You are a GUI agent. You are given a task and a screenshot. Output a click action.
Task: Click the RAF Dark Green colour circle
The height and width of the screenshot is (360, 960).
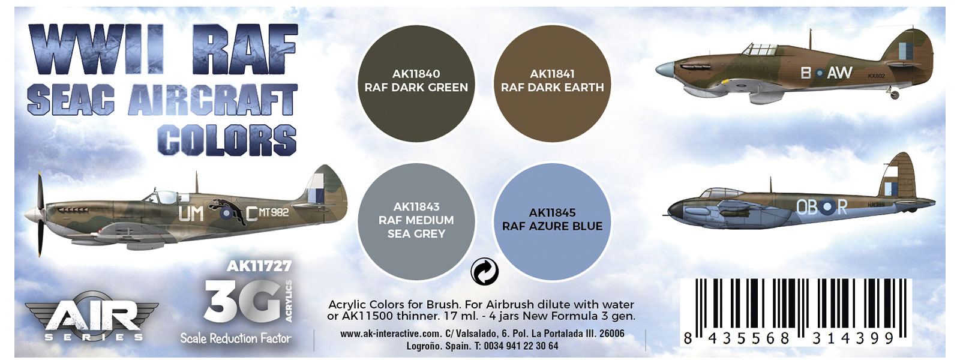416,83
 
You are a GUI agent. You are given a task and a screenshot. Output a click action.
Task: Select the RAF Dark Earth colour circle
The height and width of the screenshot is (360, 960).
552,83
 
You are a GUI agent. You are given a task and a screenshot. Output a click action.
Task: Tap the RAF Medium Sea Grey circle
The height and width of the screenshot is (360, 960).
416,221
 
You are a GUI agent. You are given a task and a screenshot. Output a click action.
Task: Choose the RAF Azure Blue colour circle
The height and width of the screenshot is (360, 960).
553,221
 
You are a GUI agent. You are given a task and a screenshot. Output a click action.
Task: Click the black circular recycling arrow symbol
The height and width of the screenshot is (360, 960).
484,271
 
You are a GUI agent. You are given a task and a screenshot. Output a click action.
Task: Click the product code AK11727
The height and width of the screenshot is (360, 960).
259,266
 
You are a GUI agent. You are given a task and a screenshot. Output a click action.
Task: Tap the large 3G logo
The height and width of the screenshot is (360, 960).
242,301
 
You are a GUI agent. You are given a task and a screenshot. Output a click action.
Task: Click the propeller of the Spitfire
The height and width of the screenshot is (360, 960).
40,214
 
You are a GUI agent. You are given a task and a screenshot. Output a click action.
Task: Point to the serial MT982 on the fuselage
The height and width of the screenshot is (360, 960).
274,212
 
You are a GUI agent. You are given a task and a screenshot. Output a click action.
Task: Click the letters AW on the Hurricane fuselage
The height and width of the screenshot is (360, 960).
839,73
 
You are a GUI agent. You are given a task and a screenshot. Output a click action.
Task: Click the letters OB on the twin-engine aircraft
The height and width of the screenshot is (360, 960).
806,208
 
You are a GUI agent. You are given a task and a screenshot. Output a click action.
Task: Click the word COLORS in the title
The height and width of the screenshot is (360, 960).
227,140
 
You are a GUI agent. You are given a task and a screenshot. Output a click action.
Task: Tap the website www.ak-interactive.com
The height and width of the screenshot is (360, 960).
391,334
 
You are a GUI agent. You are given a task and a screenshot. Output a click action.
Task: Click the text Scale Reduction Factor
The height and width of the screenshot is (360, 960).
236,338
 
